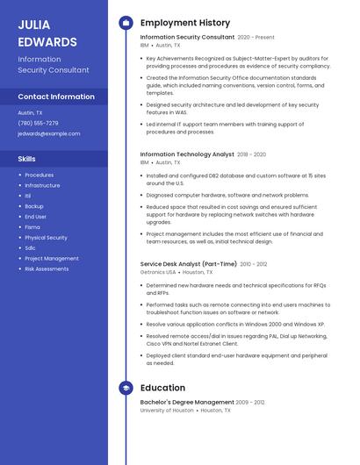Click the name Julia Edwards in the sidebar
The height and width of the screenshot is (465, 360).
click(47, 32)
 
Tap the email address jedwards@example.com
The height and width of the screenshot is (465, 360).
click(48, 134)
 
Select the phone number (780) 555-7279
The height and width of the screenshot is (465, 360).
click(38, 124)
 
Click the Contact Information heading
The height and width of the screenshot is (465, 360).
click(56, 97)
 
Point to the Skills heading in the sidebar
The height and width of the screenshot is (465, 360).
click(27, 159)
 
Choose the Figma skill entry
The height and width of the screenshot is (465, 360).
click(32, 227)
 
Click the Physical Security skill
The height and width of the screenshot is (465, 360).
click(46, 238)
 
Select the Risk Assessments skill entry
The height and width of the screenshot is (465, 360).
click(47, 269)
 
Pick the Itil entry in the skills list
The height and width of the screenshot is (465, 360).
click(28, 196)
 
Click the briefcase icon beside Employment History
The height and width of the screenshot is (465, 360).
click(126, 22)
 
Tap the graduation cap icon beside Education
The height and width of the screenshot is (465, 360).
click(126, 388)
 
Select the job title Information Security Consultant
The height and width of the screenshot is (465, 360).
click(187, 38)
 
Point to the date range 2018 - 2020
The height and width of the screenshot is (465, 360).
click(251, 154)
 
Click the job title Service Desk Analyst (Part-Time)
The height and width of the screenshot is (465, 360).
click(188, 264)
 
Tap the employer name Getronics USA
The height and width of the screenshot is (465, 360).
click(158, 272)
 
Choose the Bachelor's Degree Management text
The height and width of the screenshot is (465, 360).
click(187, 402)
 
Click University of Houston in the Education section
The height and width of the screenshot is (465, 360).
click(167, 410)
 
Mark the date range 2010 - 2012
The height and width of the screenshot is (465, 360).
click(254, 264)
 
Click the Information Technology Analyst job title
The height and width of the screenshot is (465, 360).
click(187, 154)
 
